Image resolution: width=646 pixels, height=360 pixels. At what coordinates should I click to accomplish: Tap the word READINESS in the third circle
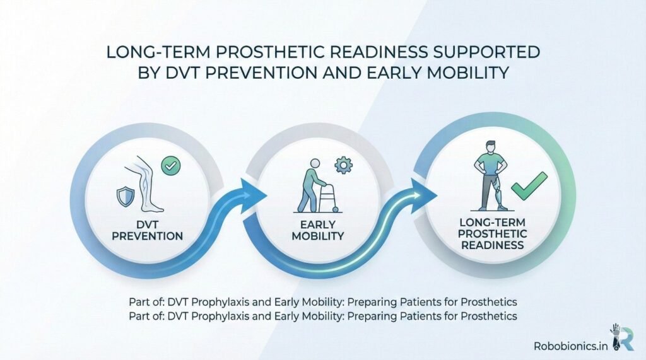[500, 245]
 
